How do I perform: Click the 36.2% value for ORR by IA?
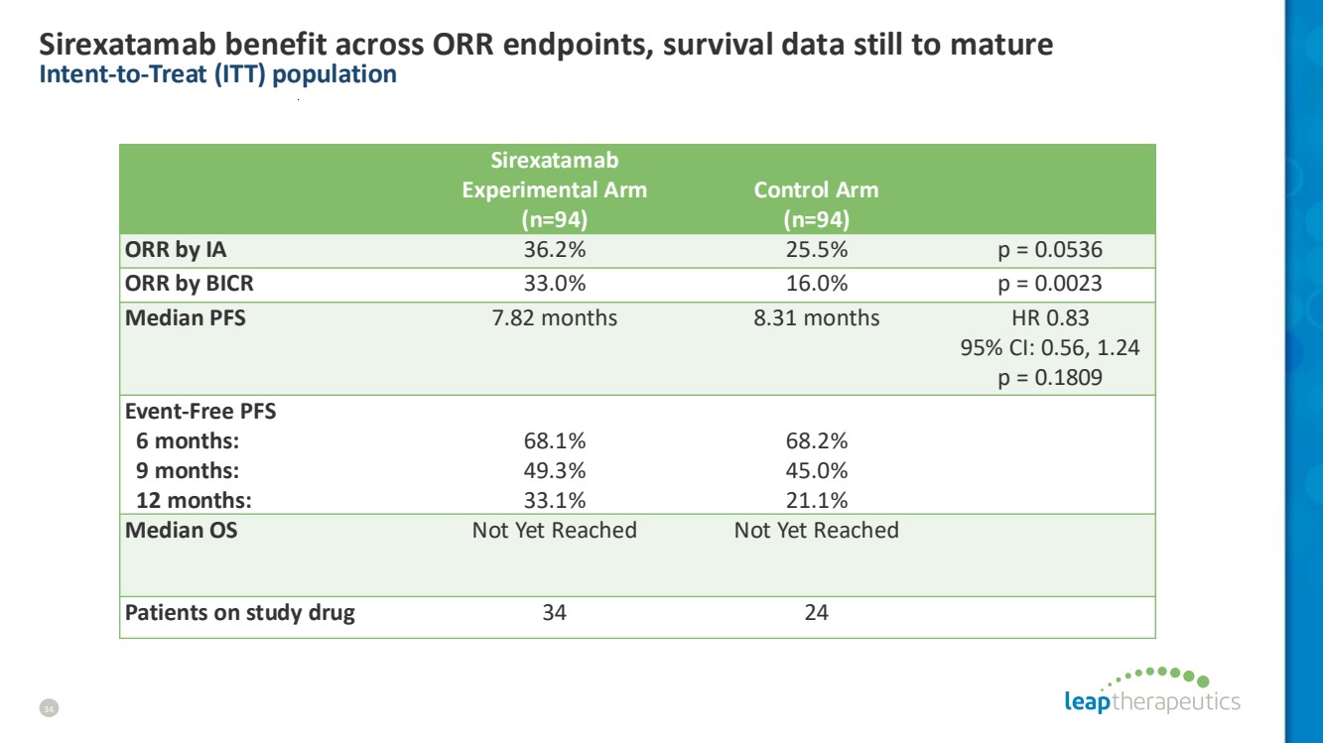[555, 250]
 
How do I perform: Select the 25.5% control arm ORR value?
[816, 250]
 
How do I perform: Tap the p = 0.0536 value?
[1050, 250]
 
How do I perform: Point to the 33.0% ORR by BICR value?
[555, 284]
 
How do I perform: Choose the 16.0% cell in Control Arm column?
[816, 284]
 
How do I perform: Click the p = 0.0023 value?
[1050, 284]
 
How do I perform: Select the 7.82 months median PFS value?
[555, 318]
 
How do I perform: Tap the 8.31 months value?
[816, 318]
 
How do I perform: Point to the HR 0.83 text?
[1050, 318]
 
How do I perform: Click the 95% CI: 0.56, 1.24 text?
[1050, 347]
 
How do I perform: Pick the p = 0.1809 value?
[1050, 378]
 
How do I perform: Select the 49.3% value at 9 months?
[555, 471]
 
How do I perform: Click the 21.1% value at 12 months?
[816, 500]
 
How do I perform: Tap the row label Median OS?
[182, 530]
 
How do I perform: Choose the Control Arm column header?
[816, 204]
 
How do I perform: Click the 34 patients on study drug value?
[555, 613]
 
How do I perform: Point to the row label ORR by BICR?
[189, 284]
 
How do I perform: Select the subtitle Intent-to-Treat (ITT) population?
[218, 74]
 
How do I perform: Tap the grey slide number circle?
[49, 708]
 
